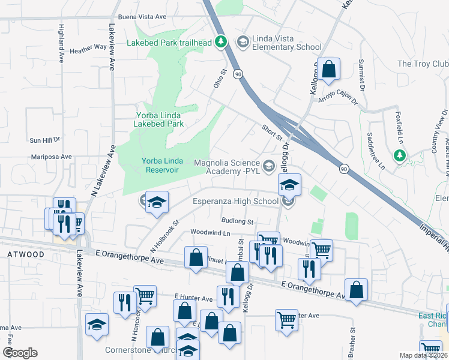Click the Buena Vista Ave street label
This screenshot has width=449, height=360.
(142, 17)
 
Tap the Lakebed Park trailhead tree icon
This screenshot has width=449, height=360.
(221, 41)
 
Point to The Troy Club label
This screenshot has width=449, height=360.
(423, 64)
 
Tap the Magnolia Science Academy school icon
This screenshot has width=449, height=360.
(269, 164)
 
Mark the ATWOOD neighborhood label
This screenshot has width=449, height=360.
(26, 254)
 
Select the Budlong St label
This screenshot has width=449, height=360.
(237, 221)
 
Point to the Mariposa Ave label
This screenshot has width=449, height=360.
(52, 157)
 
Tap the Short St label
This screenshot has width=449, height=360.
(272, 131)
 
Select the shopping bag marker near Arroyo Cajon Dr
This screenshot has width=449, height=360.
(329, 69)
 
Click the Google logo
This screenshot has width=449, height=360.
(20, 353)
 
